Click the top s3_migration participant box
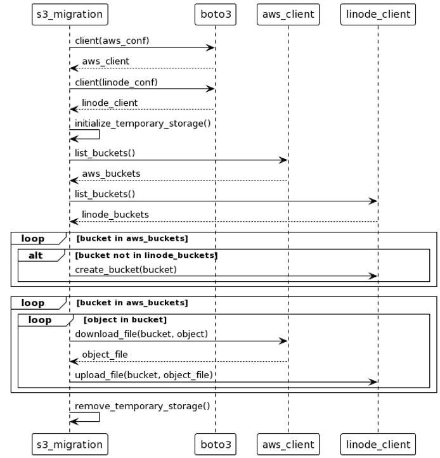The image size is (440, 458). [70, 14]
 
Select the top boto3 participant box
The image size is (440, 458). [216, 14]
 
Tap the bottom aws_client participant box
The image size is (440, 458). [288, 444]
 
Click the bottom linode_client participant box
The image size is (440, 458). [378, 444]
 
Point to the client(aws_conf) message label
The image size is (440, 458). [112, 41]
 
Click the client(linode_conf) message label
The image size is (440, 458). [116, 82]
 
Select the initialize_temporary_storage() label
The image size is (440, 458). [143, 124]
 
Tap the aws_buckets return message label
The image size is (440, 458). [111, 174]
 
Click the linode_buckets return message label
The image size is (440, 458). [115, 215]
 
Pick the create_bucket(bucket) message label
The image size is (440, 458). [126, 270]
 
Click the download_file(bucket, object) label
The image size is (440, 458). [141, 334]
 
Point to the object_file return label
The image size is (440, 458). [105, 355]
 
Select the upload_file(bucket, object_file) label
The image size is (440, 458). [144, 375]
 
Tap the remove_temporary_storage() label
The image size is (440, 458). [142, 406]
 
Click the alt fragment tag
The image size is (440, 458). [36, 255]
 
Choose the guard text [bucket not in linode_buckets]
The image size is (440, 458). [146, 255]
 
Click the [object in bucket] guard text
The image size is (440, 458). [125, 320]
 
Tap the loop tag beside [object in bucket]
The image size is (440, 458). [40, 320]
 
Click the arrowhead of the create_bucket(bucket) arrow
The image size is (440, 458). [374, 276]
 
